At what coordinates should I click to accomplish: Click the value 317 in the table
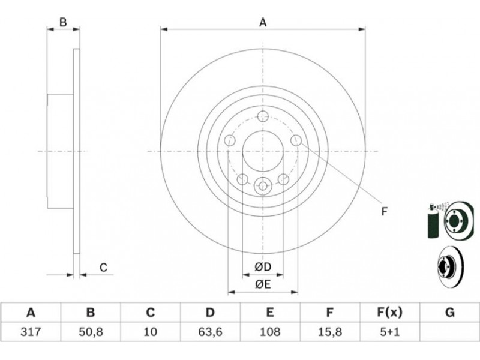pos(31,332)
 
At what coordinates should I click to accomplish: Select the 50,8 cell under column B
pos(91,332)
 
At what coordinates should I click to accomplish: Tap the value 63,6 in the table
pos(210,332)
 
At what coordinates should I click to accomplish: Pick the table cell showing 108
pos(270,332)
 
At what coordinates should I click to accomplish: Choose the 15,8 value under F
pos(329,332)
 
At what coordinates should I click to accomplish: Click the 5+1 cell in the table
pos(389,332)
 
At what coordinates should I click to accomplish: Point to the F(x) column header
pos(389,313)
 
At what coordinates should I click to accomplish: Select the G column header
pos(449,313)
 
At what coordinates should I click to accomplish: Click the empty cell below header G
pos(449,332)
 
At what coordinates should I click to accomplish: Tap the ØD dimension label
pos(263,267)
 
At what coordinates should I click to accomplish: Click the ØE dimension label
pos(263,284)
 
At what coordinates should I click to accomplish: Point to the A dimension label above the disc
pos(263,23)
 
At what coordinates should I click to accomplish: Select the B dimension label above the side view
pos(63,22)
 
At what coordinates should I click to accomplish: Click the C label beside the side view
pos(103,268)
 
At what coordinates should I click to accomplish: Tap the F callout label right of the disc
pos(385,211)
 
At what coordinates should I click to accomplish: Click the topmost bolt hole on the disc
pos(263,116)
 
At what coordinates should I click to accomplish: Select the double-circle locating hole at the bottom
pos(263,185)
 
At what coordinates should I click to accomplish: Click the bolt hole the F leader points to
pos(296,140)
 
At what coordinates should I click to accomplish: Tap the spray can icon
pos(433,220)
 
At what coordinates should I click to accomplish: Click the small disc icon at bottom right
pos(450,266)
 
